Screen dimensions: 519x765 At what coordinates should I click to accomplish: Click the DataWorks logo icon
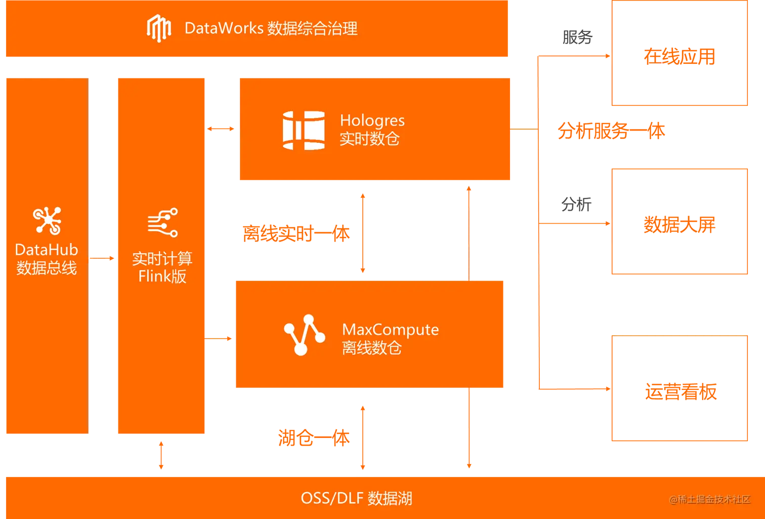click(x=158, y=28)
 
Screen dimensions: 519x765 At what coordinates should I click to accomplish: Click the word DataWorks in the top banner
click(x=224, y=28)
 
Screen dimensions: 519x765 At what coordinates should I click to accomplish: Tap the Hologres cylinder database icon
click(x=304, y=131)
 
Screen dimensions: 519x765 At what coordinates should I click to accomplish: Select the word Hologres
click(x=372, y=121)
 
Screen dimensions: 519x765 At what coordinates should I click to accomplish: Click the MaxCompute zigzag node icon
click(x=304, y=335)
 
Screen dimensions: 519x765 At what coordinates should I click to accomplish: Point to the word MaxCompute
click(x=390, y=330)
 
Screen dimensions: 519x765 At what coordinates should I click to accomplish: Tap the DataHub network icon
click(x=47, y=221)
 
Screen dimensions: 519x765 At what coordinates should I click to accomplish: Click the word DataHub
click(x=47, y=250)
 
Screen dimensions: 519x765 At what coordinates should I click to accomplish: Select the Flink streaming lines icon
click(x=162, y=222)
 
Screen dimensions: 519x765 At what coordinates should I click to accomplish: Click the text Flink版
click(x=162, y=276)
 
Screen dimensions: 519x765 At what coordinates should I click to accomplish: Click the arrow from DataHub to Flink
click(x=102, y=259)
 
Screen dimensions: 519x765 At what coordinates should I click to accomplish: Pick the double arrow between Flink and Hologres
click(x=222, y=129)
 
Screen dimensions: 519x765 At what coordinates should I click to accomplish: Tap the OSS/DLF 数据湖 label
click(x=356, y=498)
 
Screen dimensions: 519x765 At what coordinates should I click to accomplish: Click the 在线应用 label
click(x=679, y=56)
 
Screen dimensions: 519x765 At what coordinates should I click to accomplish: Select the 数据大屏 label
click(x=679, y=224)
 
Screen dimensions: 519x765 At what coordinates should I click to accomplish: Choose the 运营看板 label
click(x=681, y=391)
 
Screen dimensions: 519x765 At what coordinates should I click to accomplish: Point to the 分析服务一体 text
click(x=611, y=131)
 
